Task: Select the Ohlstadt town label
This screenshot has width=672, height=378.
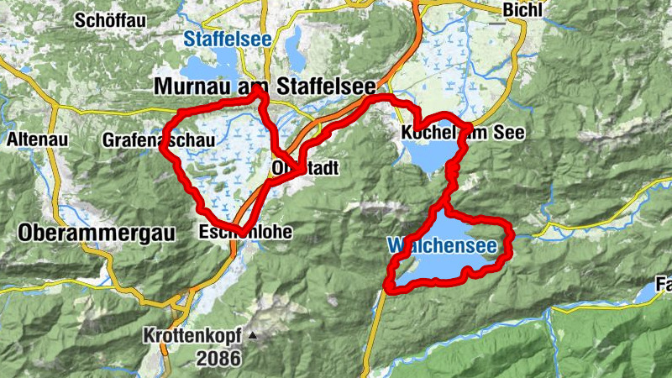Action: [x=306, y=169]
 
